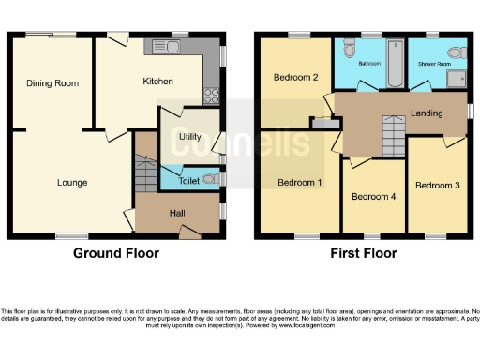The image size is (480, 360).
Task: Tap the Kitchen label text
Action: tap(157, 82)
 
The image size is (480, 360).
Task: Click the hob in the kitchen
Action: tap(211, 95)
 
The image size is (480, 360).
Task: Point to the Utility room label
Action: tap(188, 137)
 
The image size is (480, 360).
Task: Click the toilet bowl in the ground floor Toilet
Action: tap(214, 177)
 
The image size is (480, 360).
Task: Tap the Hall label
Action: tap(176, 214)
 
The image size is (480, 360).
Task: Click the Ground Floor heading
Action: tap(115, 253)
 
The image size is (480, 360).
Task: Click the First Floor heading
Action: tap(364, 253)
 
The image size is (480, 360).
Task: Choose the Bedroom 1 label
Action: tap(299, 182)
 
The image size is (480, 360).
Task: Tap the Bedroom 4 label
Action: tap(372, 197)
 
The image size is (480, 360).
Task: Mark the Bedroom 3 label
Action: tap(437, 185)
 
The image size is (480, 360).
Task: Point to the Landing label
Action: tap(427, 112)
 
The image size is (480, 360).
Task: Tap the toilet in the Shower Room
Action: tap(454, 52)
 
